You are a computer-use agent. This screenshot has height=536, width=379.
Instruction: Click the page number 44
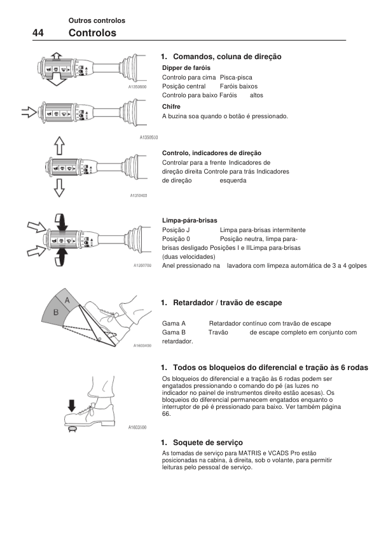click(38, 33)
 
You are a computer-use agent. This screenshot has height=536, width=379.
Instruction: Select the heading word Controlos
click(92, 33)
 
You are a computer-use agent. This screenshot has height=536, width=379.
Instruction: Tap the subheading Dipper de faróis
click(186, 67)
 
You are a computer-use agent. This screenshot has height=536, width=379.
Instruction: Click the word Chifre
click(171, 107)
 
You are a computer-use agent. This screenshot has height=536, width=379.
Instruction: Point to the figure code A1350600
click(137, 87)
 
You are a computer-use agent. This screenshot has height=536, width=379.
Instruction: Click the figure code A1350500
click(149, 137)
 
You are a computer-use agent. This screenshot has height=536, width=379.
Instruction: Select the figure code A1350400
click(139, 196)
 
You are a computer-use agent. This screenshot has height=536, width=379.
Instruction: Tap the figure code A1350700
click(142, 265)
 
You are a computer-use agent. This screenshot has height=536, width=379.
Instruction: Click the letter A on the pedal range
click(67, 301)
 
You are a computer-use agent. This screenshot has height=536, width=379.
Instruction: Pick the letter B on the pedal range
click(56, 312)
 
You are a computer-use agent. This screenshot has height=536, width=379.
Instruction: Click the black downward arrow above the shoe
click(71, 406)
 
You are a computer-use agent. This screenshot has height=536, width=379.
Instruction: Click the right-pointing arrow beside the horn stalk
click(29, 112)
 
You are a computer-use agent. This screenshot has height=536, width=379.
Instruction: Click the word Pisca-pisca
click(236, 78)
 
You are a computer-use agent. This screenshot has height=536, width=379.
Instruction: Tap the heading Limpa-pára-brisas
click(190, 221)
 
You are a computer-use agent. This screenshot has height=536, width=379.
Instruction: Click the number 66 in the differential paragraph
click(166, 414)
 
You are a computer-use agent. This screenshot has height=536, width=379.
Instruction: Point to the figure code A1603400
click(142, 346)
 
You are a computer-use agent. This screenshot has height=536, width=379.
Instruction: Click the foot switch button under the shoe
click(72, 429)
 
